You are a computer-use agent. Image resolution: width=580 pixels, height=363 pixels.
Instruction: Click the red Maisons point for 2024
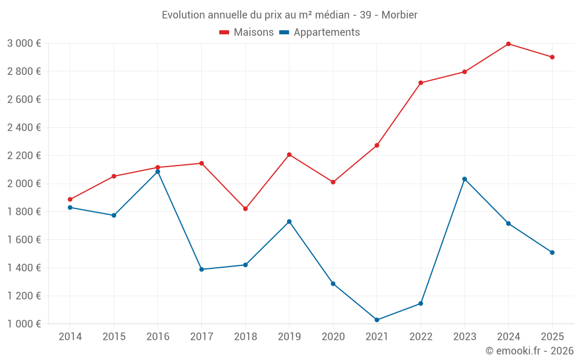coord(508,44)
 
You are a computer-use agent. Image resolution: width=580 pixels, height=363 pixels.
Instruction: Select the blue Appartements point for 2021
coord(377,320)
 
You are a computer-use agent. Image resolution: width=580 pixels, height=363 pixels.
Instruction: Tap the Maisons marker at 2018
coord(245,209)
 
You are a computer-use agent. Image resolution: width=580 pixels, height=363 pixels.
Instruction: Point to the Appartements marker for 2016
coord(158,172)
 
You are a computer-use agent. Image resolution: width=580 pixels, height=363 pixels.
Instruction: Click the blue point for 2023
coord(465,179)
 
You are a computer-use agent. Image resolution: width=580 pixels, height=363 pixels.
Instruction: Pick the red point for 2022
coord(420,83)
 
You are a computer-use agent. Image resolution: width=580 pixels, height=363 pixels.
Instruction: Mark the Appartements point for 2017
coord(201,269)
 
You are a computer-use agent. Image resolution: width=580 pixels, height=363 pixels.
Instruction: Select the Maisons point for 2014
coord(70,199)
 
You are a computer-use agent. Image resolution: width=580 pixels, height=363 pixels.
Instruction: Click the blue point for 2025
coord(552,253)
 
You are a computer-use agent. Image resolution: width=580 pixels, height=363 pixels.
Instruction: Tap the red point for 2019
coord(289,154)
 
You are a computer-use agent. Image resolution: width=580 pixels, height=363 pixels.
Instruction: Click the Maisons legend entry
coord(246,33)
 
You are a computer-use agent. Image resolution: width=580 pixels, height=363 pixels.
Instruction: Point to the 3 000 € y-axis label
coord(24,44)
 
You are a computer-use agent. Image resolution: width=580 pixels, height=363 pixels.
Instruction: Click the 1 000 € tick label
coord(24,324)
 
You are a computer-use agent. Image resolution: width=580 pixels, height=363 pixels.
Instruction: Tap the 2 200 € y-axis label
coord(24,156)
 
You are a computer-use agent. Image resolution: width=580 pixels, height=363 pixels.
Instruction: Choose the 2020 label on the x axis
coord(333,337)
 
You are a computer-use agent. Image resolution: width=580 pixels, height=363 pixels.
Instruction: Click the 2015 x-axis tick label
coord(114,337)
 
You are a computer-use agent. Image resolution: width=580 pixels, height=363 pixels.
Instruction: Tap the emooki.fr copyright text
coord(530,351)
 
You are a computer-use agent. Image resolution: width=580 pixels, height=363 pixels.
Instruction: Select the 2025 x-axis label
coord(552,337)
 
